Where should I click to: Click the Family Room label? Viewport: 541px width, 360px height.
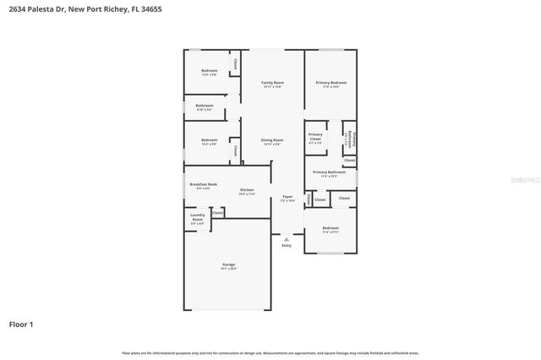click(272, 83)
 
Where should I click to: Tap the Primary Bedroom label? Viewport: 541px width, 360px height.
click(331, 83)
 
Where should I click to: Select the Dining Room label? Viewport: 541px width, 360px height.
click(272, 140)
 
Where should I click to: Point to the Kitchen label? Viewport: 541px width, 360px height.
click(247, 190)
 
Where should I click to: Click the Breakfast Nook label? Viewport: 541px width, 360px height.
click(204, 184)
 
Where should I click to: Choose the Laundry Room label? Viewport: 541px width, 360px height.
click(197, 217)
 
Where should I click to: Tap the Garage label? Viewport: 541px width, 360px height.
click(228, 265)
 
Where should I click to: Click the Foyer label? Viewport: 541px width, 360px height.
click(287, 197)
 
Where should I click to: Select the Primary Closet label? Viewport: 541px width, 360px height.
click(315, 137)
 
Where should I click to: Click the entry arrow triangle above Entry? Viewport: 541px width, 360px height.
click(287, 239)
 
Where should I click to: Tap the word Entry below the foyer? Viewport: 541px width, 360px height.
click(287, 246)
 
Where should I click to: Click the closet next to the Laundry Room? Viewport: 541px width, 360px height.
click(217, 213)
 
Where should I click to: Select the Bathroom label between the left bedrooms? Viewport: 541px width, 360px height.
click(205, 106)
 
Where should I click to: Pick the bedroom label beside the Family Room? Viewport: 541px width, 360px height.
click(209, 70)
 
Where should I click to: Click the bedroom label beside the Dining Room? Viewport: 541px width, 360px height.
click(209, 140)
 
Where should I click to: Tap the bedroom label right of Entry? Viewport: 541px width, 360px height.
click(331, 227)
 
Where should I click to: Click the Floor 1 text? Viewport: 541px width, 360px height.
click(21, 324)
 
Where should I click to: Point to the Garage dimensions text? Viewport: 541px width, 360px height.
click(228, 269)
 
